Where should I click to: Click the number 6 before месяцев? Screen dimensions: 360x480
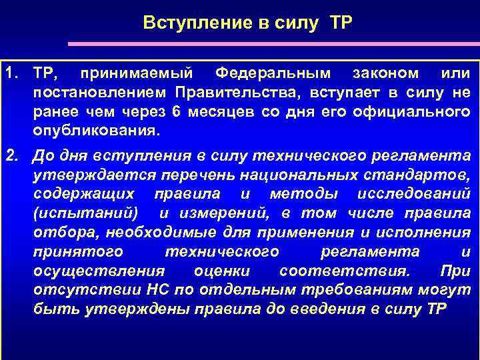coord(175,110)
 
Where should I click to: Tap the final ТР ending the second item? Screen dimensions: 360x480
coord(433,311)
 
